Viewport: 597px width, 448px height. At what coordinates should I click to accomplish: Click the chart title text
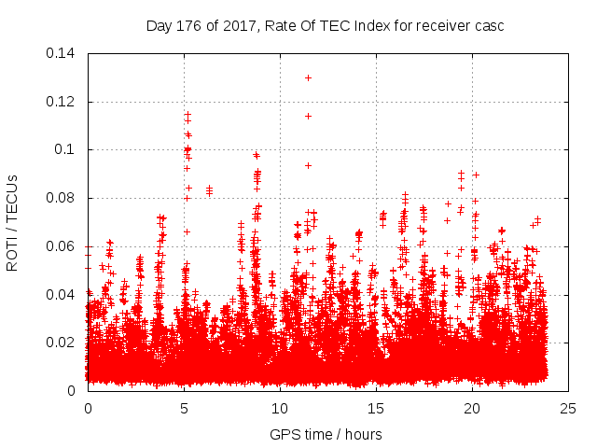click(325, 25)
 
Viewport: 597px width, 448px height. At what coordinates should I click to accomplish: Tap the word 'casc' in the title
click(488, 25)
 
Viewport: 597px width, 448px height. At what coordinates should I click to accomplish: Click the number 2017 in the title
click(240, 25)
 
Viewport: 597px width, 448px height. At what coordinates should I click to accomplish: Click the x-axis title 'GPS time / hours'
click(326, 434)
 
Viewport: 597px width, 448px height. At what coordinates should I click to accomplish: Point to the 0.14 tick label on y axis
click(62, 53)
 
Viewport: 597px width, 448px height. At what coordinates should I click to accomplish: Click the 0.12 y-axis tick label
click(62, 102)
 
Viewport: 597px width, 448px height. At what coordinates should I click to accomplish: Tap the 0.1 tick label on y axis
click(67, 149)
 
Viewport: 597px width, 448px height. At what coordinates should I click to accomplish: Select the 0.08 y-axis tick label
click(62, 198)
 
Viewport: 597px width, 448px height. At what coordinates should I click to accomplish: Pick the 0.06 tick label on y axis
click(62, 246)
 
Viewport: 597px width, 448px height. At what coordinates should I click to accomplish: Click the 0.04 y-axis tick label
click(62, 295)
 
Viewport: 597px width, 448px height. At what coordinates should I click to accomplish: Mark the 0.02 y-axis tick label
click(62, 343)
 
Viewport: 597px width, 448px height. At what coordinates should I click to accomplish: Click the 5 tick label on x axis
click(184, 408)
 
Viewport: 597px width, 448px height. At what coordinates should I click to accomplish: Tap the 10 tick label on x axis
click(280, 408)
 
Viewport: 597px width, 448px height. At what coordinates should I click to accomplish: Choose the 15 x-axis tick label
click(376, 408)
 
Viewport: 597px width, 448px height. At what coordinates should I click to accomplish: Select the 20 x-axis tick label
click(472, 408)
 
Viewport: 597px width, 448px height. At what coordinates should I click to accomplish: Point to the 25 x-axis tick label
click(568, 408)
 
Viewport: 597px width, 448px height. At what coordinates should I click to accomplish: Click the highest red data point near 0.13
click(308, 77)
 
